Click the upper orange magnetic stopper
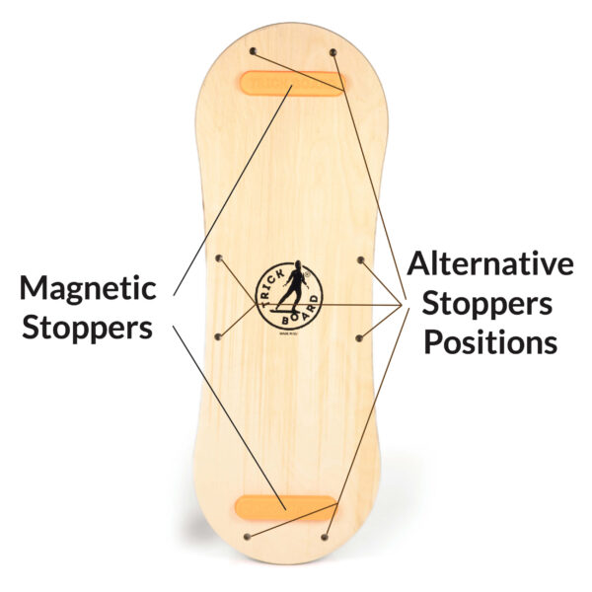[x=291, y=83]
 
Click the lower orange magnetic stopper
[x=286, y=507]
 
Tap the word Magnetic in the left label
[x=87, y=289]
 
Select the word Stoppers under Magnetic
[x=87, y=327]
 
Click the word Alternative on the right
[x=490, y=264]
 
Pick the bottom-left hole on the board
[x=247, y=536]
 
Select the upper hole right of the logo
[x=361, y=260]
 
